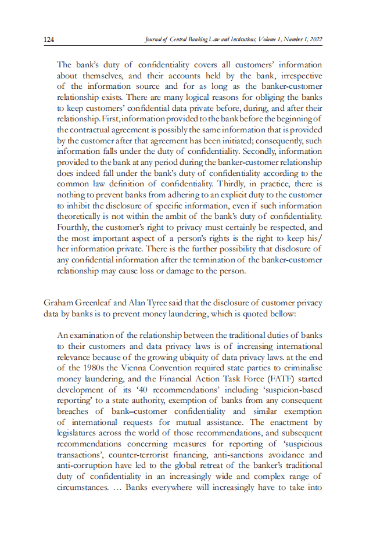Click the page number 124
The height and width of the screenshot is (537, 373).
point(49,39)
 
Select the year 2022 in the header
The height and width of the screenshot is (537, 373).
point(314,39)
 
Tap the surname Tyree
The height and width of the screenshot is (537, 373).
point(167,302)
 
